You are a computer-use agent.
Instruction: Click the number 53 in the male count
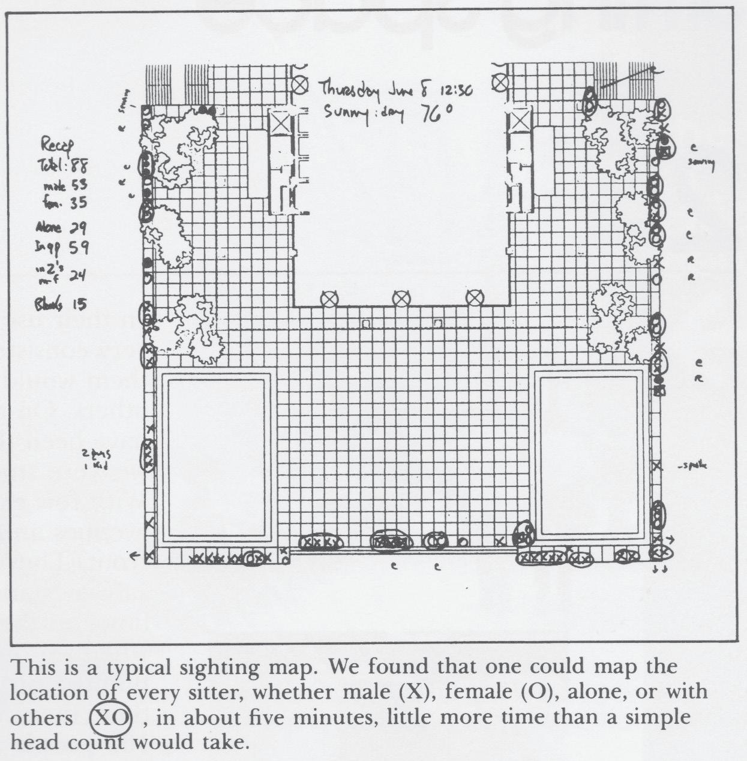click(x=79, y=186)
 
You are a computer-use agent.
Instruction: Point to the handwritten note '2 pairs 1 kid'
click(x=96, y=459)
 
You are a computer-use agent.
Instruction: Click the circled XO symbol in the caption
click(x=110, y=718)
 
